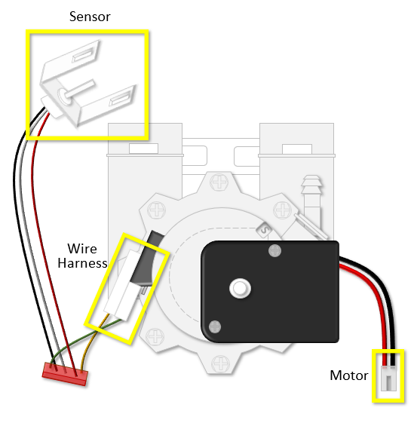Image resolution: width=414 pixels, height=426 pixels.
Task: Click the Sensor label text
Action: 90,17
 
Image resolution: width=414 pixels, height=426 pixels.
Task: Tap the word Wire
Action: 82,249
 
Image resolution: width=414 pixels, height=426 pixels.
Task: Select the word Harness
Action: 83,263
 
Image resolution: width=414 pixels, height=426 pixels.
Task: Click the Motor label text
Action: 349,375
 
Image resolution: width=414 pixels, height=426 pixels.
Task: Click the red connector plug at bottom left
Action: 65,374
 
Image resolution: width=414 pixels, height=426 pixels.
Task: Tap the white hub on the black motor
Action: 240,288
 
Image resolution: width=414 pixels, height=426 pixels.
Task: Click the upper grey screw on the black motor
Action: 274,251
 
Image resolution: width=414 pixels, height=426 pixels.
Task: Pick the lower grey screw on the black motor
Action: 215,326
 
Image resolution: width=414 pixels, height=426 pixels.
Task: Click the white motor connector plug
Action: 388,378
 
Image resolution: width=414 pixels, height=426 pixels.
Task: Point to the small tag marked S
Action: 264,230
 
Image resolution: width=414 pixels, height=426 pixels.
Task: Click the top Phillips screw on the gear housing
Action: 219,182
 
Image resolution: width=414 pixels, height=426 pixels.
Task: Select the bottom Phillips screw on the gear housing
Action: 221,363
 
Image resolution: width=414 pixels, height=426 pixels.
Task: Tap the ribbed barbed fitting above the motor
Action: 312,195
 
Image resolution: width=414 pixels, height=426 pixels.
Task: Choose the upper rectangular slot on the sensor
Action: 84,54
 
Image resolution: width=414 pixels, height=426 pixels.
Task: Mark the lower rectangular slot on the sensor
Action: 121,98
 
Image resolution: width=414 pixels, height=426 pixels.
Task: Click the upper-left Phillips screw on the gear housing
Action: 156,210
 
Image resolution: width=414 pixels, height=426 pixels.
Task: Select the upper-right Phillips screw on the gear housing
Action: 282,210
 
